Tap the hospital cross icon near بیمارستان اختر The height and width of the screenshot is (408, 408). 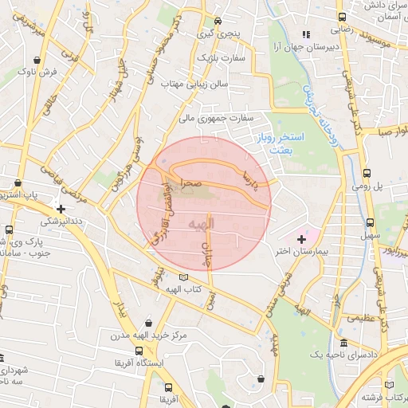click(x=301, y=238)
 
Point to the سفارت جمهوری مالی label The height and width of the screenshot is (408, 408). click(x=218, y=118)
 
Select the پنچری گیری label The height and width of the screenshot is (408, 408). click(x=218, y=35)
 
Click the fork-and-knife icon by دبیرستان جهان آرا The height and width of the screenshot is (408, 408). click(x=306, y=34)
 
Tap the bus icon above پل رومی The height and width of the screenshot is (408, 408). click(x=367, y=173)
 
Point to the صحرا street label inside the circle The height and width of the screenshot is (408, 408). click(x=190, y=182)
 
